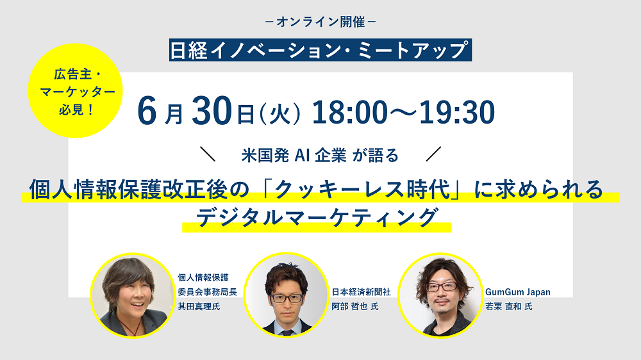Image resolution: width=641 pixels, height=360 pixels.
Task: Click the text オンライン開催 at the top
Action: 320,22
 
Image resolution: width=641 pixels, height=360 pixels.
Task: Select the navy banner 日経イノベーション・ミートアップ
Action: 320,50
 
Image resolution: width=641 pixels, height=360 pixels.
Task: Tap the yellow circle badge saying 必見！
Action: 75,91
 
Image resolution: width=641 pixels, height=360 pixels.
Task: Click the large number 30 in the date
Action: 212,111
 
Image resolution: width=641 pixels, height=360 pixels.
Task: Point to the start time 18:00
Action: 349,112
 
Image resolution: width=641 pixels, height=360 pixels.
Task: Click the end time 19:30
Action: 457,112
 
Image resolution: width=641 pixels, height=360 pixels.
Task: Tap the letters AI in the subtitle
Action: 302,155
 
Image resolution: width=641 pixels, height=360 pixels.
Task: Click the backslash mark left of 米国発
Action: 208,154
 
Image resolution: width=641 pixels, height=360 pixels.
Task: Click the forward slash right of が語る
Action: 433,154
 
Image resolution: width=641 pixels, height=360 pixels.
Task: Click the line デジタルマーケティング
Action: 317,217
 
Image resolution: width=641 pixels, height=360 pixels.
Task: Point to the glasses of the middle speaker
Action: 287,299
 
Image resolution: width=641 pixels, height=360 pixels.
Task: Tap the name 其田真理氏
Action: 199,306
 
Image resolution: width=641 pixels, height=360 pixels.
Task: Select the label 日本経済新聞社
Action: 362,291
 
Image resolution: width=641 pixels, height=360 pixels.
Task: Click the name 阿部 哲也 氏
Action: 355,306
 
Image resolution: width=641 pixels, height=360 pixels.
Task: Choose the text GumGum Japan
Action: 518,292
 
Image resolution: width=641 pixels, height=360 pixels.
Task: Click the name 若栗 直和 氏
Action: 509,306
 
